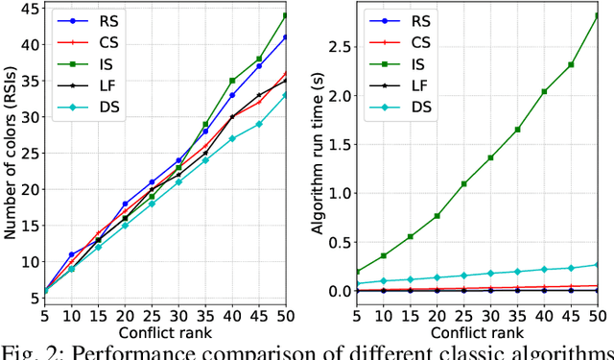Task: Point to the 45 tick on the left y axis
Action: (27, 9)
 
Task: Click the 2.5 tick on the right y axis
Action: (339, 47)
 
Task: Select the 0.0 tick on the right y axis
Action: (339, 291)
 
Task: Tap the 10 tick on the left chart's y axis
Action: (27, 261)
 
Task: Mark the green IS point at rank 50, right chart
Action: (596, 16)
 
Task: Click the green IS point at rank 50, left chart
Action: (284, 16)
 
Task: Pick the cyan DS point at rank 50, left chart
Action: (284, 95)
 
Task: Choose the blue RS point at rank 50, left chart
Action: (284, 37)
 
